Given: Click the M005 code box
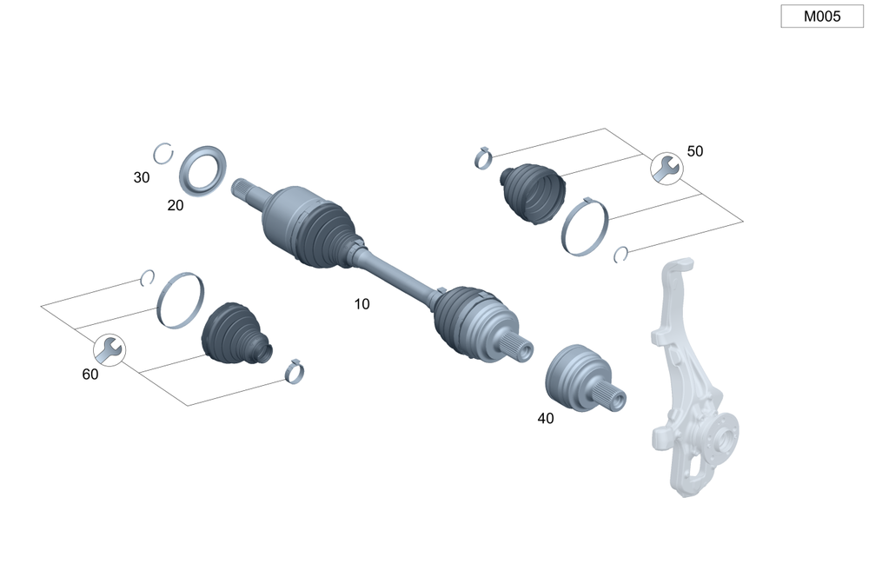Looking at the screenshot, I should tap(821, 16).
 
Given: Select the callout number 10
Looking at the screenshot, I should tap(362, 304).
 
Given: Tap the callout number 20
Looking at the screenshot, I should tap(176, 205).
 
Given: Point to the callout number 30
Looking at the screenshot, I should tap(142, 177).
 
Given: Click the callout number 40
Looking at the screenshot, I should tap(545, 418).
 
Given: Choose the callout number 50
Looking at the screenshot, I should tap(694, 151).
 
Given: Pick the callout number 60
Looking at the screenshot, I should tap(90, 375).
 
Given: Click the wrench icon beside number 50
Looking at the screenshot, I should tap(667, 168).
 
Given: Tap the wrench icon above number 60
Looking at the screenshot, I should tap(109, 349).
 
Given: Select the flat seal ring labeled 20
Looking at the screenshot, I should tap(204, 170).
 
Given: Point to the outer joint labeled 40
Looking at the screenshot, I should tap(578, 374).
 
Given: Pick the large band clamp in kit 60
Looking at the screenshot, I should tap(180, 300).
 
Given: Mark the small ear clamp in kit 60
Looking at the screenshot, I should tap(295, 372).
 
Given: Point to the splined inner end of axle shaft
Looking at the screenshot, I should tap(246, 189).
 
